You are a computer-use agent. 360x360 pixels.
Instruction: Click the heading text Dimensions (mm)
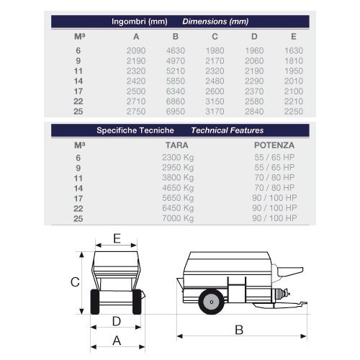(215, 22)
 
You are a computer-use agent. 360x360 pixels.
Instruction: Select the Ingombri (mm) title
(140, 22)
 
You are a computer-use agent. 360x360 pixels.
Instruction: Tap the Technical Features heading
(228, 130)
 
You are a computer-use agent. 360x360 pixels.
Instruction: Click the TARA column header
(177, 145)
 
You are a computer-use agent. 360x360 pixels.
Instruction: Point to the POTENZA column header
(274, 145)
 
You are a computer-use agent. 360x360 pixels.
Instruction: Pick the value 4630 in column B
(176, 50)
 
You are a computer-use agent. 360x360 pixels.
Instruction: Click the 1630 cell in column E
(294, 50)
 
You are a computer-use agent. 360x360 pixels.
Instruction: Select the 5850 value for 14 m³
(176, 81)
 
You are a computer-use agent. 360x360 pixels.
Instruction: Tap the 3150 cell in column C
(215, 102)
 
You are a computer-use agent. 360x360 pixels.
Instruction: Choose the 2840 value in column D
(254, 112)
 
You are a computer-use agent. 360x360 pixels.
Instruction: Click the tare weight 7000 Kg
(178, 218)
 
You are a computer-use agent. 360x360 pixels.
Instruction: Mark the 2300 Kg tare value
(178, 158)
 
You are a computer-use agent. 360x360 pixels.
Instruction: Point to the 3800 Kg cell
(178, 178)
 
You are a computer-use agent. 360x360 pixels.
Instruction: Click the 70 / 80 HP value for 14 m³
(274, 188)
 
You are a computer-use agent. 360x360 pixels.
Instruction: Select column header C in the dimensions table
(215, 37)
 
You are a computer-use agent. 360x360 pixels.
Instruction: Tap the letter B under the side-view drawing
(239, 330)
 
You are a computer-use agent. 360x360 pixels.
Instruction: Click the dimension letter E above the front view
(117, 238)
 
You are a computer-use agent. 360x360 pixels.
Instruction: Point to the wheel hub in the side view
(212, 302)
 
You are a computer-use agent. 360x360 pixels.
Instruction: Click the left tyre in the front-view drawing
(95, 302)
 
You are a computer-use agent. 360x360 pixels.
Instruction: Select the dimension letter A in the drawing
(117, 341)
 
